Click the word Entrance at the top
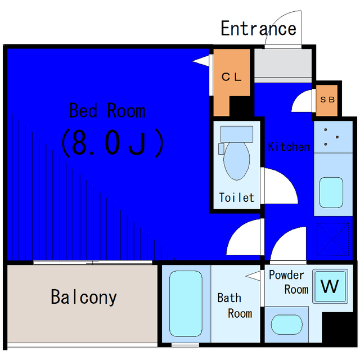click(258, 28)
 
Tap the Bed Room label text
click(107, 111)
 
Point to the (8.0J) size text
click(112, 143)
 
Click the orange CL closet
click(231, 76)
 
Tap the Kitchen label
click(289, 147)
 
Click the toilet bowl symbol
click(236, 160)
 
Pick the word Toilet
click(236, 197)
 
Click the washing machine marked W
click(330, 287)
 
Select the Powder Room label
click(289, 282)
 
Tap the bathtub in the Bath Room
click(181, 304)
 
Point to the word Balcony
click(84, 296)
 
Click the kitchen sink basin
click(332, 192)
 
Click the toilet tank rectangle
click(236, 133)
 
